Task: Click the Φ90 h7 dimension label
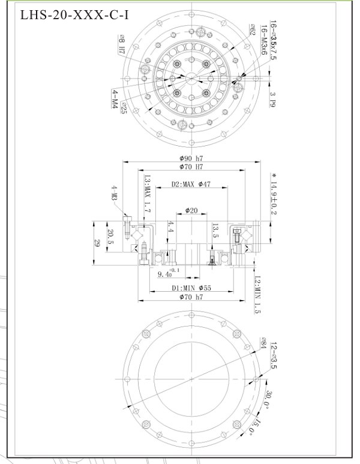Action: point(190,158)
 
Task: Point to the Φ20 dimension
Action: point(191,211)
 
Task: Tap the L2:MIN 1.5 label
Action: point(257,295)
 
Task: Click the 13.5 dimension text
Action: point(214,231)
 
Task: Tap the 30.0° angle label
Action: point(269,399)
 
